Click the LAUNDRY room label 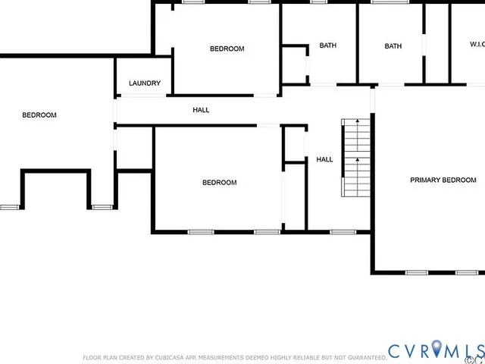click(144, 83)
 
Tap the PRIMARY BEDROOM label click(443, 180)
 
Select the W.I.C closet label click(477, 45)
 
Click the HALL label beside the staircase click(324, 159)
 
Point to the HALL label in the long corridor click(201, 110)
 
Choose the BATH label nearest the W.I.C click(393, 46)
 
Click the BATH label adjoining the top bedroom click(327, 45)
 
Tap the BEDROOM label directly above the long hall click(227, 49)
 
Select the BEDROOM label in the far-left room click(39, 115)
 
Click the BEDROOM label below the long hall click(219, 182)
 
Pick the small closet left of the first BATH click(294, 64)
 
